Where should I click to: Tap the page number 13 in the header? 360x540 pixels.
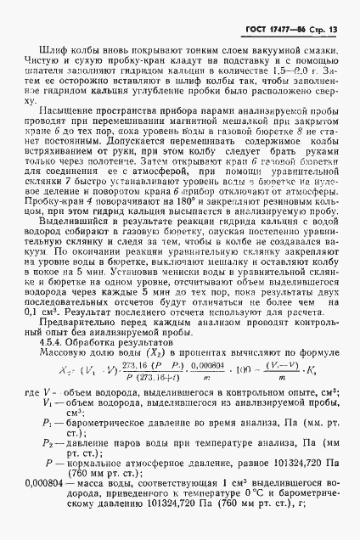click(x=332, y=32)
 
